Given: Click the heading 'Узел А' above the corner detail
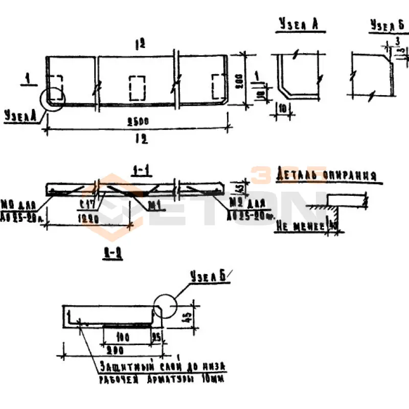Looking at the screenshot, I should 300,25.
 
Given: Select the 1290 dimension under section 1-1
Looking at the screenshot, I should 93,217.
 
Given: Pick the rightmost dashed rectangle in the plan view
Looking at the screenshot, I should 219,87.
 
